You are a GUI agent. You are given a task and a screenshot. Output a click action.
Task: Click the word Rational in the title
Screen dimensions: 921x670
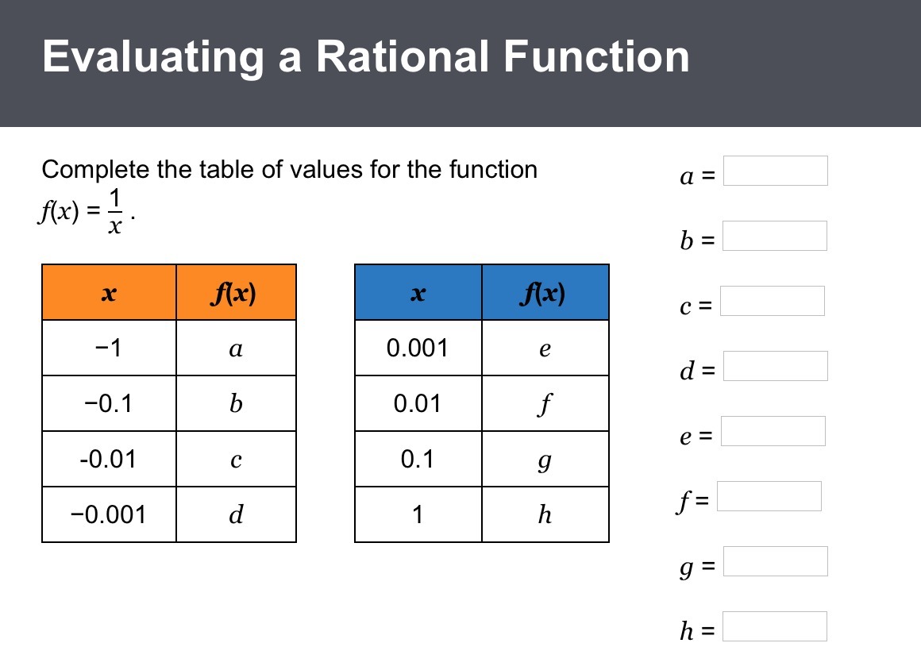(403, 56)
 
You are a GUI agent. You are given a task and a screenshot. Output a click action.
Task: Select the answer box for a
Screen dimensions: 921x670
(776, 171)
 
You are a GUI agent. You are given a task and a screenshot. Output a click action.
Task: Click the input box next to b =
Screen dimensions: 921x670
(775, 236)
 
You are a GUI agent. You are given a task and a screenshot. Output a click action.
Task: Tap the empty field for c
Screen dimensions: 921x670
(773, 301)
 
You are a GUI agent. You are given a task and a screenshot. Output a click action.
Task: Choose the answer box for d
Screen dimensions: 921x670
(776, 367)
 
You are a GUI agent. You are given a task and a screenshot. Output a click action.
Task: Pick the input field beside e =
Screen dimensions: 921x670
(773, 432)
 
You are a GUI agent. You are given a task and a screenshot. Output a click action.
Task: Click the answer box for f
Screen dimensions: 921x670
(769, 497)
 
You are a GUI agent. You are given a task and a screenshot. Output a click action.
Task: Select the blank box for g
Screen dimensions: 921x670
(776, 562)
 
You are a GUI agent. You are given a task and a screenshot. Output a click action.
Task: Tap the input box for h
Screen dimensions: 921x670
(775, 627)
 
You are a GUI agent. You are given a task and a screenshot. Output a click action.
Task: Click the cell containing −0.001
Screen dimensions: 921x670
(110, 515)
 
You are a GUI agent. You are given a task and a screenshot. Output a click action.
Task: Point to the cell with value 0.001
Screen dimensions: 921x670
(418, 348)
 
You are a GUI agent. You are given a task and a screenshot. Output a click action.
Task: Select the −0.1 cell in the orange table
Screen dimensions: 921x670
(110, 403)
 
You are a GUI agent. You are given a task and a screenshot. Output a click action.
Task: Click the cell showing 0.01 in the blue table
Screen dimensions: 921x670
(418, 403)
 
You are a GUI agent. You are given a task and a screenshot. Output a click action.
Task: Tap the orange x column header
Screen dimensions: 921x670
(110, 292)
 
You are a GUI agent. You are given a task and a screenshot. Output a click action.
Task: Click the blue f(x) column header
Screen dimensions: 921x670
(545, 292)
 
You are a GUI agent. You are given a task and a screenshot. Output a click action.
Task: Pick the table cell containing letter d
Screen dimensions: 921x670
(236, 515)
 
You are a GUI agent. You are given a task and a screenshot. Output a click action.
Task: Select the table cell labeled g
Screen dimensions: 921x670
(545, 459)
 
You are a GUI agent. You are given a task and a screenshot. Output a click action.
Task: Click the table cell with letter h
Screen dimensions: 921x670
(545, 515)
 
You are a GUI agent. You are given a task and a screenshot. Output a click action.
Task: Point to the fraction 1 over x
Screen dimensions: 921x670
(115, 211)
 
